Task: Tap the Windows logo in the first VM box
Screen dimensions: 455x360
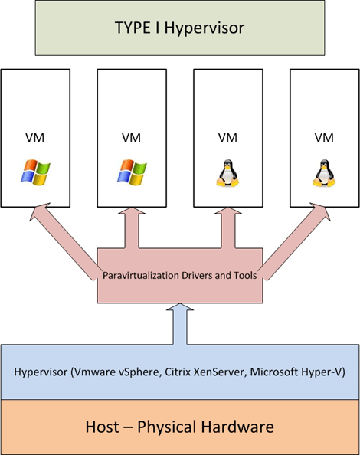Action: pyautogui.click(x=34, y=172)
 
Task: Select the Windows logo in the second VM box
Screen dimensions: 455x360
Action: pyautogui.click(x=131, y=172)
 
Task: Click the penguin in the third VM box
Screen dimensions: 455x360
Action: pyautogui.click(x=227, y=172)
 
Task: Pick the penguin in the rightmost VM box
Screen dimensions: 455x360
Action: pyautogui.click(x=324, y=172)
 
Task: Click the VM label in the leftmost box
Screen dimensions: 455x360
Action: pyautogui.click(x=34, y=138)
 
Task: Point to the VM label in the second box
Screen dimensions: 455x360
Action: pyautogui.click(x=131, y=138)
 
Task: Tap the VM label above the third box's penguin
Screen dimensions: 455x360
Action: pyautogui.click(x=227, y=138)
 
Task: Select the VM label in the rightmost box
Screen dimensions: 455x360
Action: pyautogui.click(x=324, y=138)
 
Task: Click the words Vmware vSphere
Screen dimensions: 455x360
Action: pyautogui.click(x=117, y=372)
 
